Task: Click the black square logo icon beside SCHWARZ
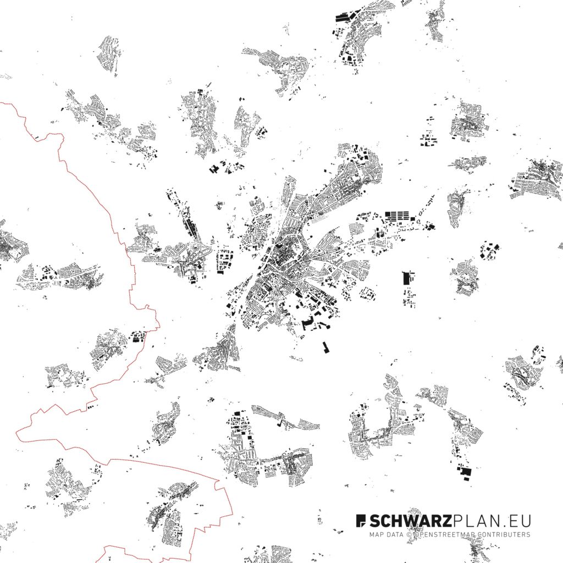[361, 520]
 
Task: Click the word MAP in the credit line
[376, 534]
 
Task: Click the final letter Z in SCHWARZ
[447, 521]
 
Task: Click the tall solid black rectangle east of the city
[407, 278]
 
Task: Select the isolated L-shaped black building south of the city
[325, 347]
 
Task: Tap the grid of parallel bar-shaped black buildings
[398, 216]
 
